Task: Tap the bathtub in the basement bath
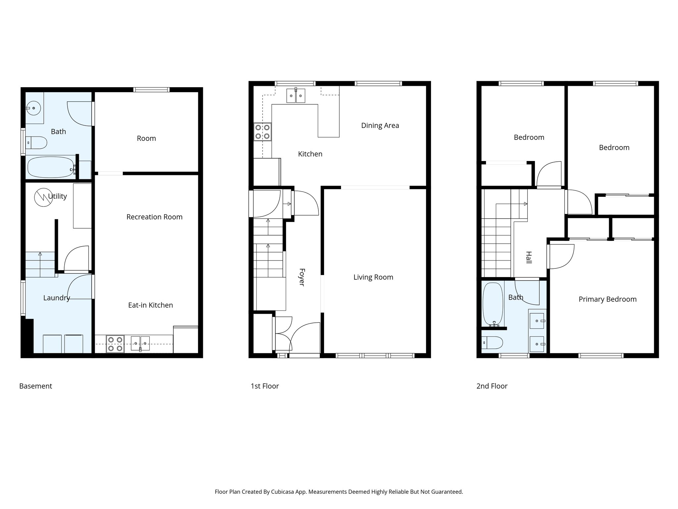[x=50, y=167]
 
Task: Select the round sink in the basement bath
[x=33, y=108]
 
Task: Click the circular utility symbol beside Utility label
[x=43, y=198]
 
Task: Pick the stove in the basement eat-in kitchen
[x=115, y=344]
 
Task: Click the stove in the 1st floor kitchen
[x=263, y=132]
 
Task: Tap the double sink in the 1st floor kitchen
[x=296, y=96]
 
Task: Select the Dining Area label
[x=380, y=126]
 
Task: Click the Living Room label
[x=373, y=277]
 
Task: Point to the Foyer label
[x=302, y=277]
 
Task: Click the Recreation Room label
[x=154, y=217]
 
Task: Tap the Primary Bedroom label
[x=607, y=299]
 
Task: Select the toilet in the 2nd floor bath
[x=493, y=342]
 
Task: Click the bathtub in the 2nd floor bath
[x=493, y=304]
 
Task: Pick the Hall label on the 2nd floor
[x=529, y=257]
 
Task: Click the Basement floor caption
[x=35, y=386]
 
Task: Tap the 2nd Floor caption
[x=492, y=386]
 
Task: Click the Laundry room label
[x=57, y=298]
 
